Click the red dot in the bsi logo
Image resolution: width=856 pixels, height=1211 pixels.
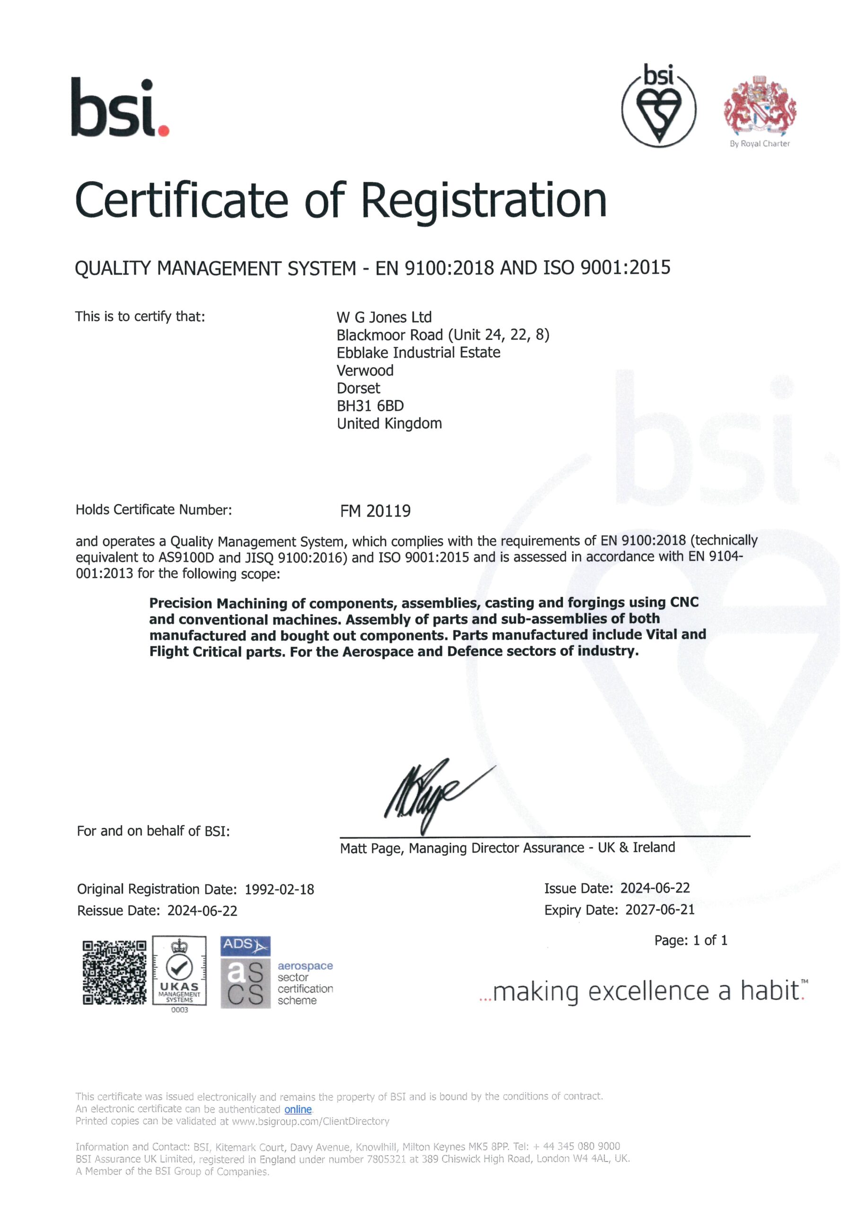pyautogui.click(x=164, y=130)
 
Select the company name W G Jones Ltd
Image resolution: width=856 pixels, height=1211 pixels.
pyautogui.click(x=384, y=317)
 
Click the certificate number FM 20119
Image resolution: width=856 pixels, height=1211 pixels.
pyautogui.click(x=375, y=510)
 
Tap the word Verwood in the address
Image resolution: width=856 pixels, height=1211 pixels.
pyautogui.click(x=365, y=370)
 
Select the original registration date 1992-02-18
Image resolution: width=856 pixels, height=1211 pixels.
pyautogui.click(x=279, y=889)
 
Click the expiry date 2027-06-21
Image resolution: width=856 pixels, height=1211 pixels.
pyautogui.click(x=660, y=909)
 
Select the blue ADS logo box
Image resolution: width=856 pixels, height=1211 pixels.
pyautogui.click(x=245, y=945)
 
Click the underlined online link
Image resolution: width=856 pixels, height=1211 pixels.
pyautogui.click(x=298, y=1109)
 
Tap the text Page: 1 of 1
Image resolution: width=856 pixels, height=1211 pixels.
pyautogui.click(x=690, y=940)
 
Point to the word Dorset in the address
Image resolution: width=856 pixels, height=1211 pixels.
pyautogui.click(x=358, y=388)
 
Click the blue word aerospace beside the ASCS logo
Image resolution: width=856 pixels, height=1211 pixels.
pyautogui.click(x=305, y=966)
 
